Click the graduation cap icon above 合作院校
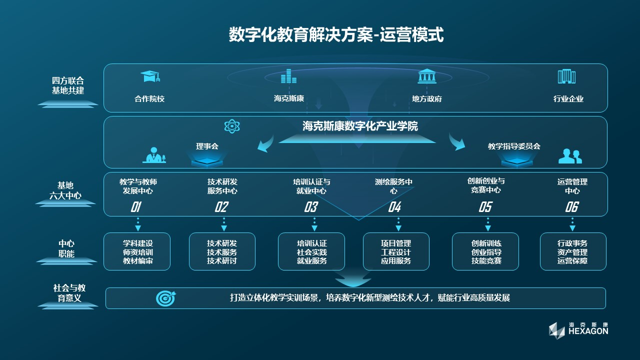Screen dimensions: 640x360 [x=150, y=76]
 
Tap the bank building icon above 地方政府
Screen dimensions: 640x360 [x=427, y=76]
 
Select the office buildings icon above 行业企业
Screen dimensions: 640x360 [x=567, y=76]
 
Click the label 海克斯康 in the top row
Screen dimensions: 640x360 [x=289, y=98]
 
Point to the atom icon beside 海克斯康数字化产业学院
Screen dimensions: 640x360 [x=232, y=126]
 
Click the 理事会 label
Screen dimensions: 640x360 [x=207, y=146]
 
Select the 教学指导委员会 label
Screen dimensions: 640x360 [x=514, y=146]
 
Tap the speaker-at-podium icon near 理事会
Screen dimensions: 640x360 [x=154, y=155]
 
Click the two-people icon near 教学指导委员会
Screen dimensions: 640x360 [x=570, y=156]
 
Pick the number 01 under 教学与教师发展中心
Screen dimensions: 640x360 [x=135, y=207]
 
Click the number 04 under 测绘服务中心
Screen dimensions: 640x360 [x=394, y=207]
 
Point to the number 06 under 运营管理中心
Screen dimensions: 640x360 [x=571, y=207]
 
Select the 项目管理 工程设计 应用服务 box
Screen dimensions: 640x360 [x=396, y=251]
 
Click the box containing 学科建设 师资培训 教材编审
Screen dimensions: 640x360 [x=137, y=251]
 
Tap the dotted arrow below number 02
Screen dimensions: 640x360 [x=223, y=224]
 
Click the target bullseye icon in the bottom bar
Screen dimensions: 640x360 [x=165, y=298]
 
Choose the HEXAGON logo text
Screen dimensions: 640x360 [x=588, y=331]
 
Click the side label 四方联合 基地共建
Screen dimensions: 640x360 [x=68, y=85]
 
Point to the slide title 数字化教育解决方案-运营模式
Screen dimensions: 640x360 [x=336, y=34]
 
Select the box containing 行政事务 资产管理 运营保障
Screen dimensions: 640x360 [x=573, y=251]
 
